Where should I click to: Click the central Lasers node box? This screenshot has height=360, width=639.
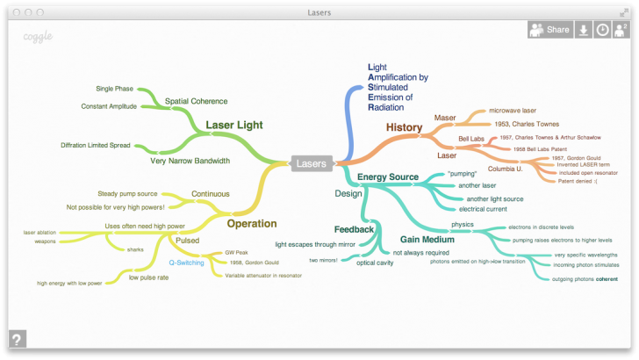click(312, 163)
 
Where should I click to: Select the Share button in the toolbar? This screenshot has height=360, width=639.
click(549, 30)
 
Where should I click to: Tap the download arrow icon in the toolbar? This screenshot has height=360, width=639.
click(584, 30)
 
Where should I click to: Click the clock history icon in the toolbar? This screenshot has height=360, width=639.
click(603, 30)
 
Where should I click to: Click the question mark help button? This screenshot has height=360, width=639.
click(17, 339)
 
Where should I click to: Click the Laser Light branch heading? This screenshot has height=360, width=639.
click(233, 126)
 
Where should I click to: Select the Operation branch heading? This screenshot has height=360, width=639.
click(252, 223)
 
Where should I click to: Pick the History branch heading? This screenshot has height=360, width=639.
click(405, 127)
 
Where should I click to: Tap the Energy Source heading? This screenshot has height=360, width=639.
click(388, 177)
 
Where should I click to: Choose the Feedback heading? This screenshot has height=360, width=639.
click(354, 229)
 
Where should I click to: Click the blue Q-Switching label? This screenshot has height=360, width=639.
click(187, 263)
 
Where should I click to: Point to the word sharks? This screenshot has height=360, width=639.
click(135, 249)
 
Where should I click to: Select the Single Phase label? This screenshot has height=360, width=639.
click(115, 89)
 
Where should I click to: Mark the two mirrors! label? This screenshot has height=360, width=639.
click(323, 260)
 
